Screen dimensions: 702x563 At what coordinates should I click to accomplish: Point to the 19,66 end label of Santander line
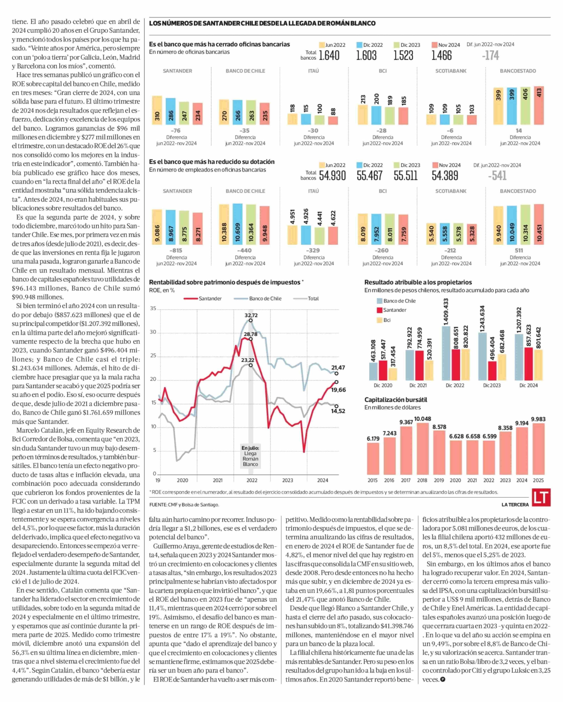pyautogui.click(x=339, y=390)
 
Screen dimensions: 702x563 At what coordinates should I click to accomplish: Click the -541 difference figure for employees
pyautogui.click(x=497, y=176)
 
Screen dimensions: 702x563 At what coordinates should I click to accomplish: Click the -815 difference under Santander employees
pyautogui.click(x=176, y=250)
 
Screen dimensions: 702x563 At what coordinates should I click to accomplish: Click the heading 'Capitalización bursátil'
pyautogui.click(x=395, y=400)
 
